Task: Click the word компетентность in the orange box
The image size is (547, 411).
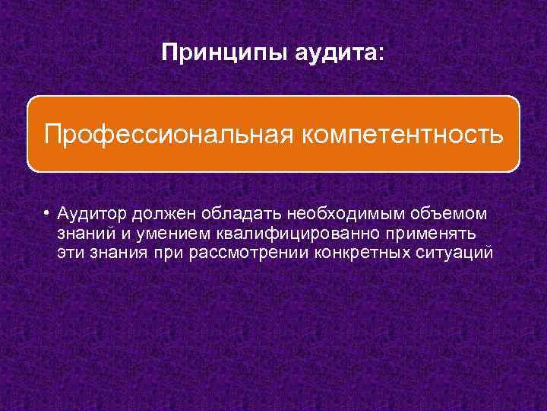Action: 403,134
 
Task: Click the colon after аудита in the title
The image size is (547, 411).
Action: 382,53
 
